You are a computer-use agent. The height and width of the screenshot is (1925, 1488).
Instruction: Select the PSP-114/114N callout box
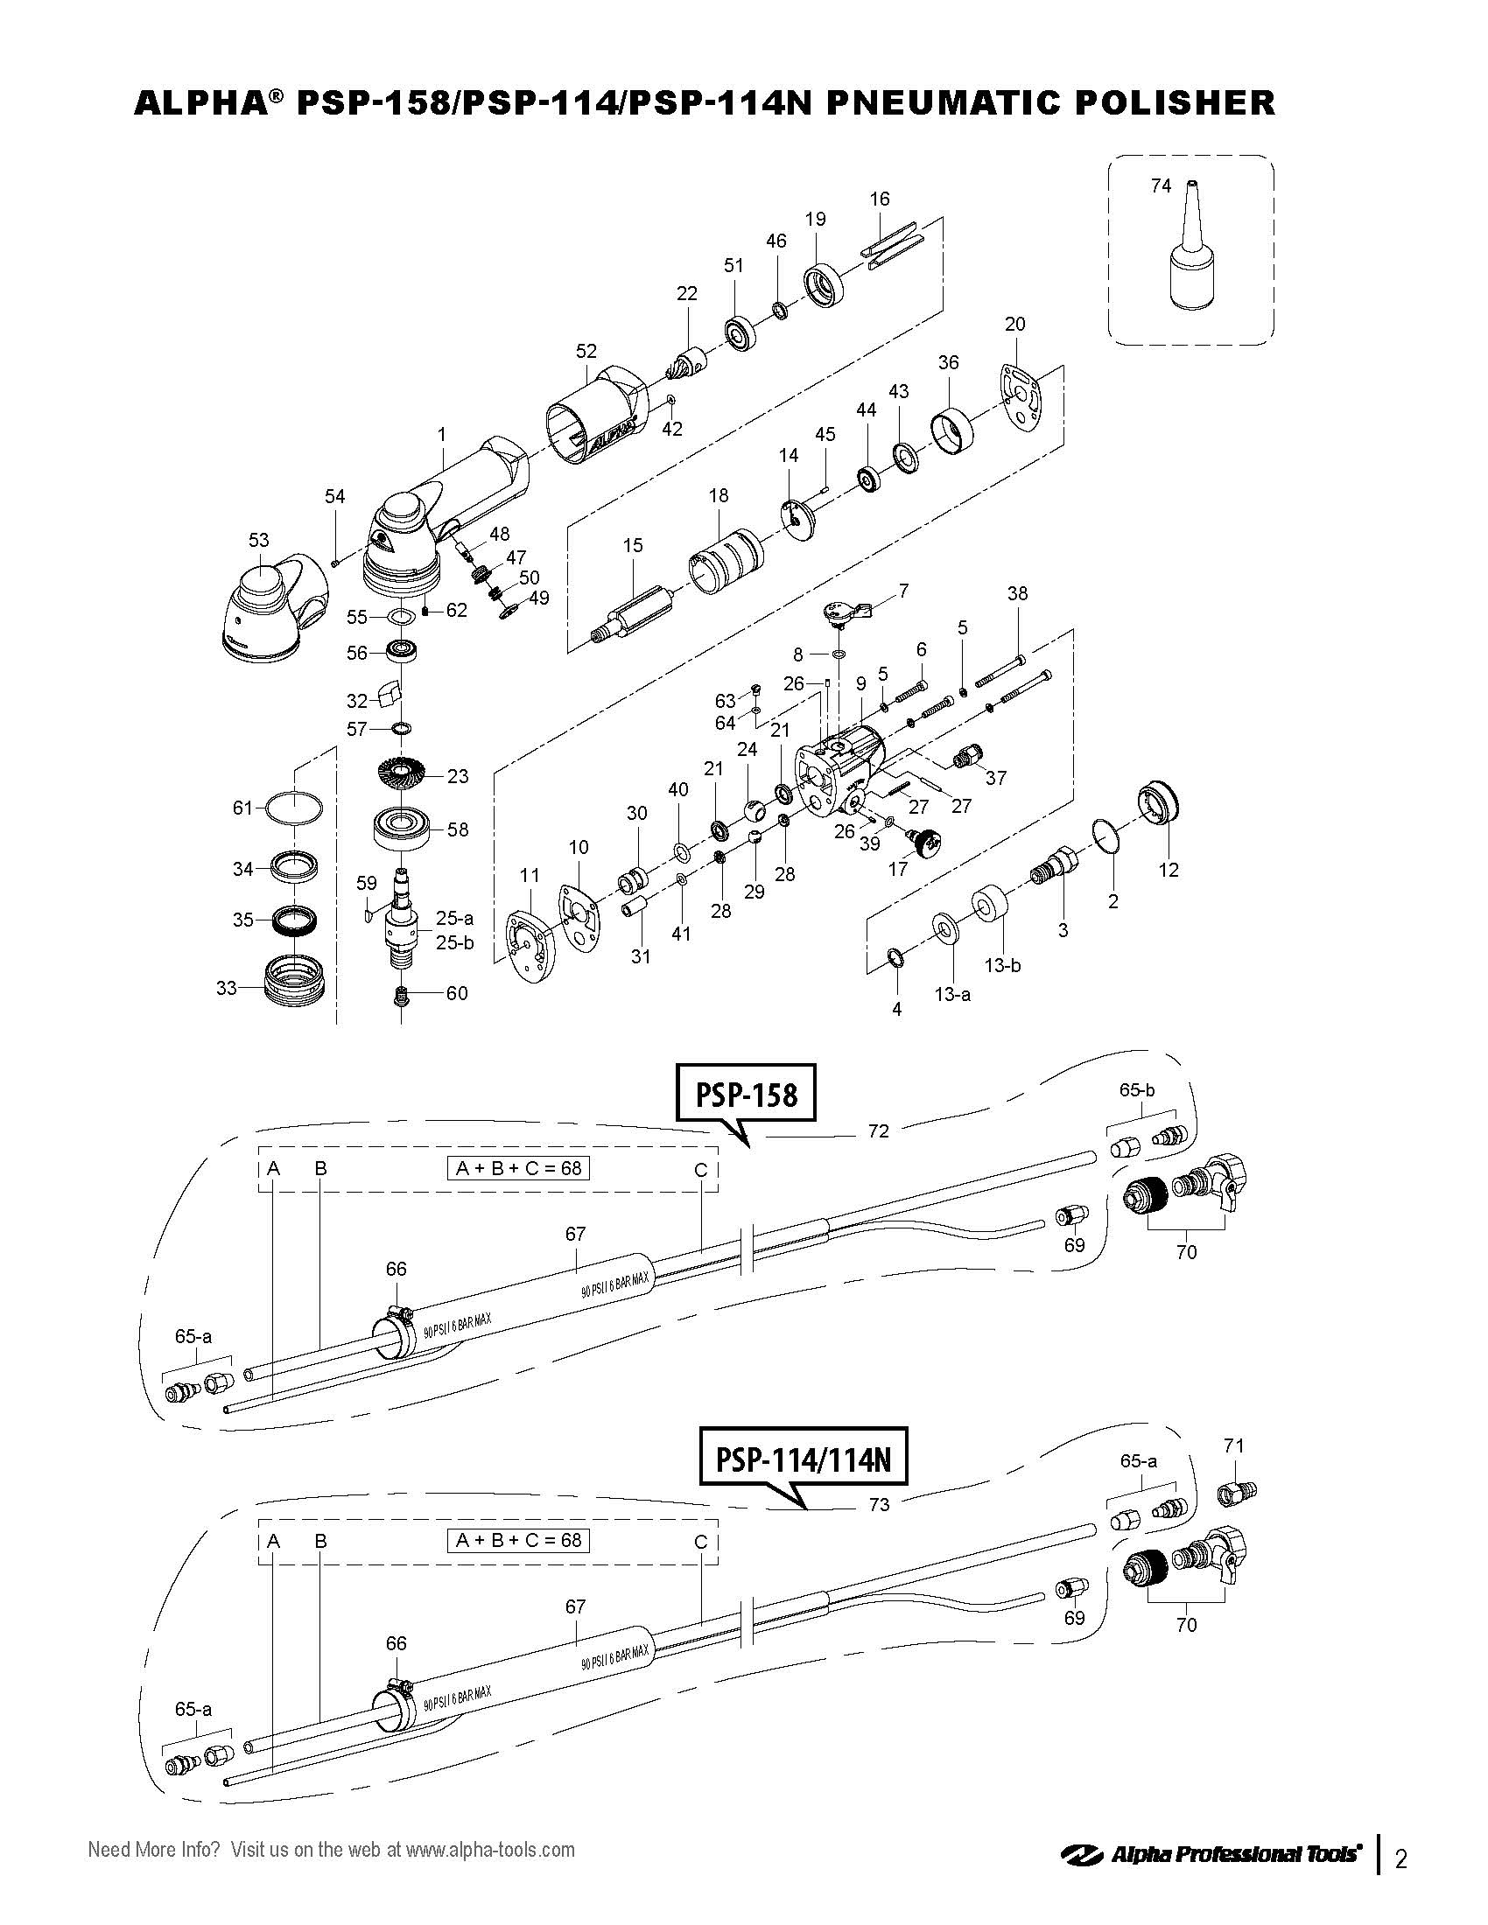tap(803, 1459)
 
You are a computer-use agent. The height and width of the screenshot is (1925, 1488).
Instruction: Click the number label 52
tap(586, 351)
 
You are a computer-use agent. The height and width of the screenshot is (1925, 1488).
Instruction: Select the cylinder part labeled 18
tap(727, 562)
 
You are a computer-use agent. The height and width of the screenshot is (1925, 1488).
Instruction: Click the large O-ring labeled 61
tap(293, 808)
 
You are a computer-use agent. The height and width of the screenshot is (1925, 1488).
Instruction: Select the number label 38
tap(1017, 593)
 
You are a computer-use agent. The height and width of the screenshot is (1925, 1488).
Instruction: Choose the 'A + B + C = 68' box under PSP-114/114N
tap(517, 1540)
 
